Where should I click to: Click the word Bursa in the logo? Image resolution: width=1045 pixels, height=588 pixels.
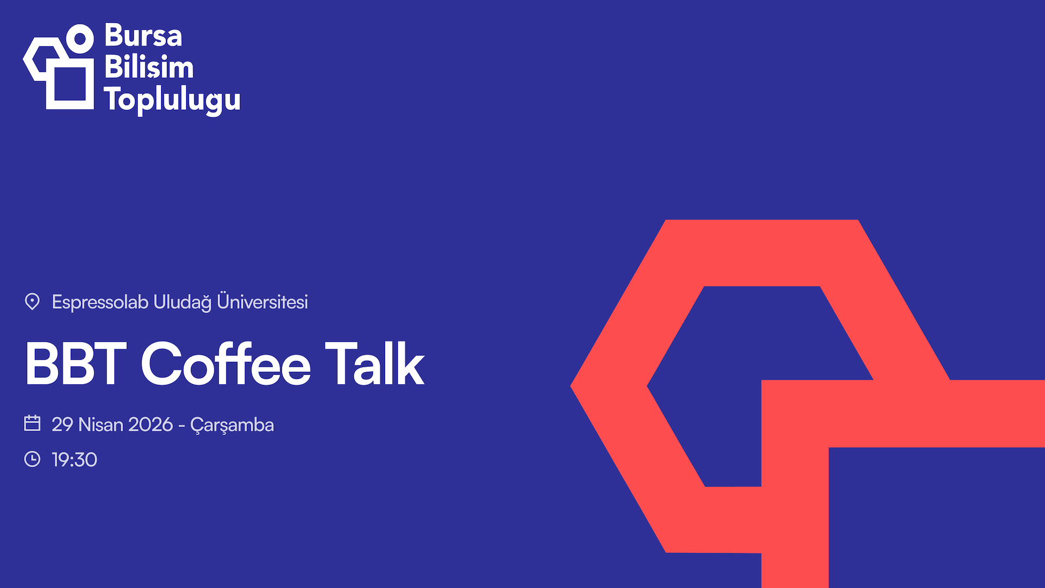pyautogui.click(x=143, y=36)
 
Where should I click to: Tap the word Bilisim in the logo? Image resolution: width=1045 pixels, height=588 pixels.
pyautogui.click(x=149, y=68)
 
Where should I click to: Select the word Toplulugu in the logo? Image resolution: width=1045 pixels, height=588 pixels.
pyautogui.click(x=172, y=100)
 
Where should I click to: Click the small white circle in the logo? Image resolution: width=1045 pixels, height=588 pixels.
pyautogui.click(x=80, y=39)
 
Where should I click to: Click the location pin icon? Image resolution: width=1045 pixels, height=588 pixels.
pyautogui.click(x=32, y=302)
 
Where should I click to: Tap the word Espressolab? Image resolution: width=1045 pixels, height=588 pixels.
pyautogui.click(x=100, y=302)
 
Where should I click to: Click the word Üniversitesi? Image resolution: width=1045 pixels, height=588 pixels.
pyautogui.click(x=262, y=302)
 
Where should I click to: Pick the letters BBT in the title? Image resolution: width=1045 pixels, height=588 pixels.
pyautogui.click(x=76, y=364)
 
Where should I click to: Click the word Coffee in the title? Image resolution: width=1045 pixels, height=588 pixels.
pyautogui.click(x=225, y=364)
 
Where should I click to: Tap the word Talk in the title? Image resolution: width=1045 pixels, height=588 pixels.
pyautogui.click(x=374, y=364)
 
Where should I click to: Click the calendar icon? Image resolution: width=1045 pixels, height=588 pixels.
pyautogui.click(x=32, y=423)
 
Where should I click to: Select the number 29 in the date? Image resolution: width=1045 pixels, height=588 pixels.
pyautogui.click(x=62, y=425)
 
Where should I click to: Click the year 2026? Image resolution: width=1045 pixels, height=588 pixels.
pyautogui.click(x=151, y=425)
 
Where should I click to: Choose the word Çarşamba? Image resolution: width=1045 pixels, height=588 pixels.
pyautogui.click(x=232, y=425)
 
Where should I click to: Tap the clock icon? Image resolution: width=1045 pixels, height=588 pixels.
pyautogui.click(x=32, y=459)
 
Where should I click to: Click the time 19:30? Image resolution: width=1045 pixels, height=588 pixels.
pyautogui.click(x=75, y=460)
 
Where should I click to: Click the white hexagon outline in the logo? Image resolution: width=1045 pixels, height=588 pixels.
pyautogui.click(x=31, y=60)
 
